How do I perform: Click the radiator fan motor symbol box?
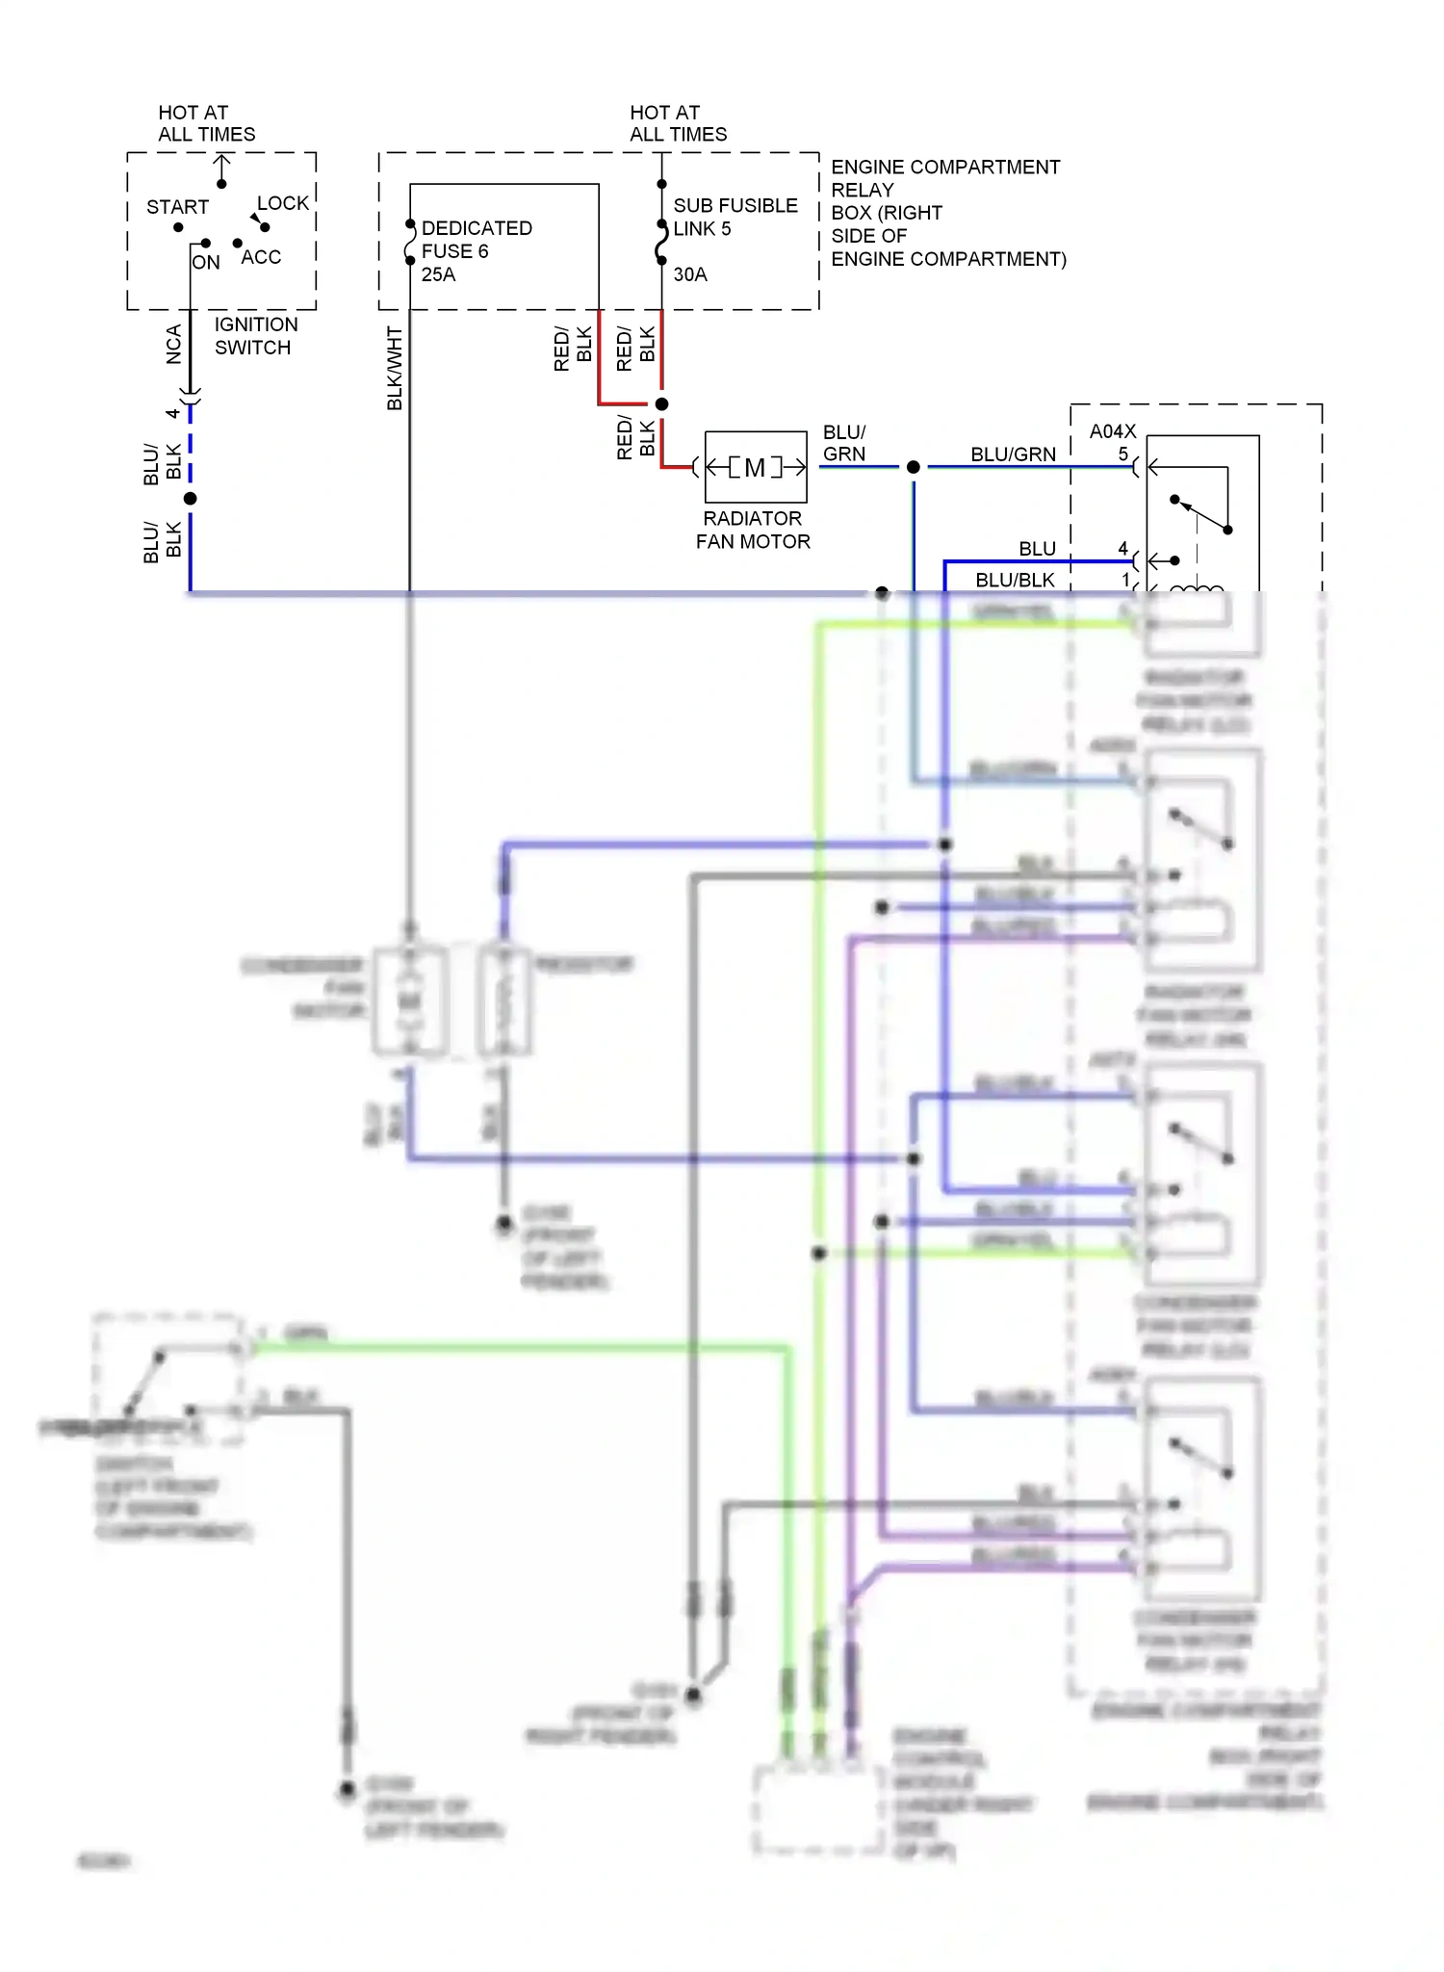pyautogui.click(x=756, y=467)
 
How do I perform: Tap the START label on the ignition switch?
pyautogui.click(x=177, y=207)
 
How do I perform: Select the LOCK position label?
pyautogui.click(x=283, y=203)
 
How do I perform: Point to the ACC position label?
pyautogui.click(x=261, y=257)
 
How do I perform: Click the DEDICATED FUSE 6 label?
pyautogui.click(x=476, y=240)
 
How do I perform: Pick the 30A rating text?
pyautogui.click(x=690, y=274)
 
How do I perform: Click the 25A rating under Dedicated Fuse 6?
pyautogui.click(x=439, y=274)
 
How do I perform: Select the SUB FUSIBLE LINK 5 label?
pyautogui.click(x=735, y=217)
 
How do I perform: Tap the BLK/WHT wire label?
pyautogui.click(x=395, y=368)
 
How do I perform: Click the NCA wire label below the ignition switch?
pyautogui.click(x=174, y=344)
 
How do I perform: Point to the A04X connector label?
pyautogui.click(x=1112, y=431)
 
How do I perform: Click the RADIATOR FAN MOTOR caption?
pyautogui.click(x=753, y=530)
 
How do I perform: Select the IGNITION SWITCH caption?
pyautogui.click(x=255, y=336)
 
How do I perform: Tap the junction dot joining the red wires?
pyautogui.click(x=661, y=404)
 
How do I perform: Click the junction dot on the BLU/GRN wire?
pyautogui.click(x=914, y=467)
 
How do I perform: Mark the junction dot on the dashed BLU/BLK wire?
pyautogui.click(x=191, y=499)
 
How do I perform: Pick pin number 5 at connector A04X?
pyautogui.click(x=1122, y=454)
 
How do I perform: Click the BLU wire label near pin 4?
pyautogui.click(x=1037, y=549)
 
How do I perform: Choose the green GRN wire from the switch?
pyautogui.click(x=520, y=1349)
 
